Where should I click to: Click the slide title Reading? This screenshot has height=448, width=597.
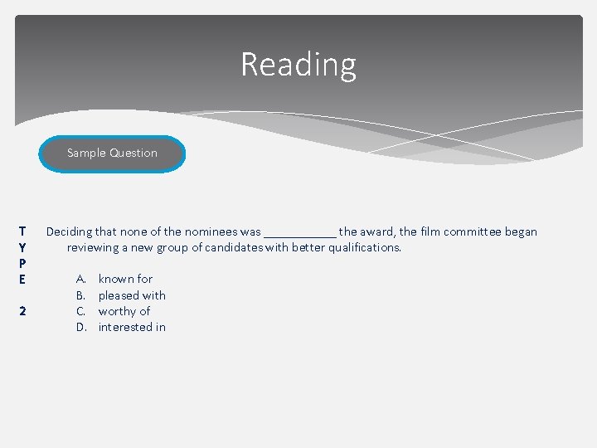tap(298, 64)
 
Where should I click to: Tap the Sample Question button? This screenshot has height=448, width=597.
tap(112, 153)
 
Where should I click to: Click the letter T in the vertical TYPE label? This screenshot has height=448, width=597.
tap(22, 231)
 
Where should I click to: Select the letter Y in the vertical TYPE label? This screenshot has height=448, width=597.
tap(22, 247)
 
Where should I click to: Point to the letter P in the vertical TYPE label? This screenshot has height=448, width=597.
tap(22, 263)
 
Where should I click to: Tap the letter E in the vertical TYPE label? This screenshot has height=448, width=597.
tap(22, 279)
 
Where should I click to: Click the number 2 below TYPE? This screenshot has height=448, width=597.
tap(22, 311)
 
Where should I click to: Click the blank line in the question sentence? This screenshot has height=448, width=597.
tap(299, 234)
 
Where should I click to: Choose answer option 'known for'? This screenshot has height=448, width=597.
tap(125, 279)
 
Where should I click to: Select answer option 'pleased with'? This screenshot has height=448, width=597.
tap(132, 295)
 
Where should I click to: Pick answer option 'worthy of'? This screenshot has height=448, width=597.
tap(124, 311)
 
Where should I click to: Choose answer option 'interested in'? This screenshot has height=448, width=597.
tap(132, 327)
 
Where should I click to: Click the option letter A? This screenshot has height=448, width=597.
tap(80, 279)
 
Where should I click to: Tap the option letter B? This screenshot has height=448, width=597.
tap(80, 295)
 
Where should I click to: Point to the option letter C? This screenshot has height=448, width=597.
tap(80, 311)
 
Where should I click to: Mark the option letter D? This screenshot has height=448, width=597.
tap(81, 327)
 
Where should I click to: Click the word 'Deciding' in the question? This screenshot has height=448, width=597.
tap(69, 232)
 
